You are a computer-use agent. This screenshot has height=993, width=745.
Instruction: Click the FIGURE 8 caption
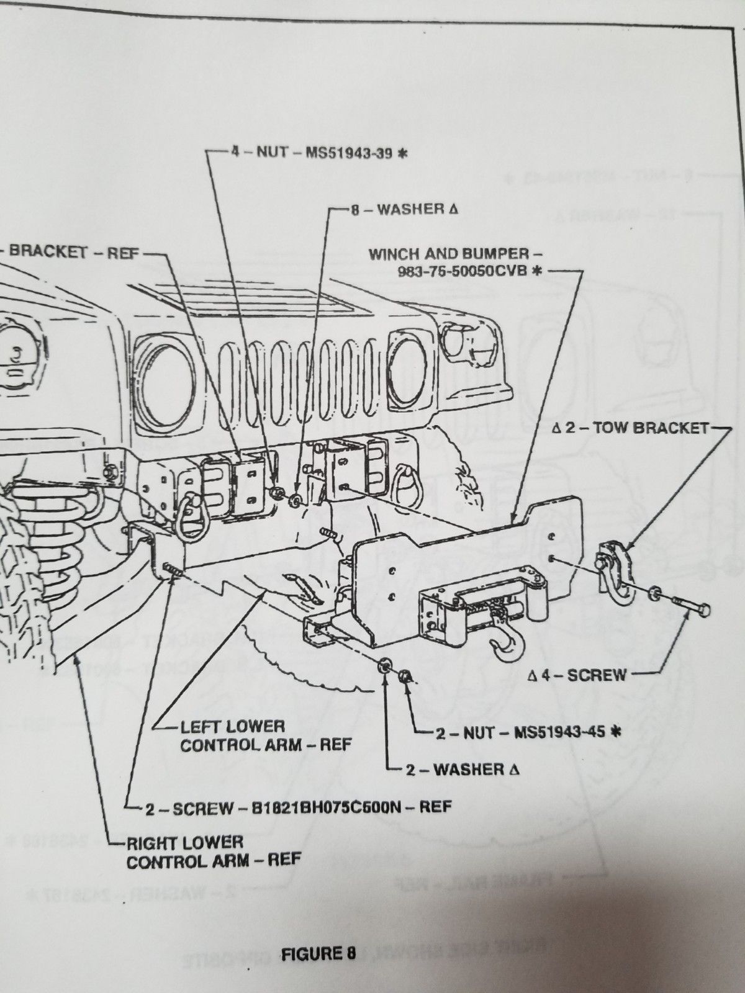318,953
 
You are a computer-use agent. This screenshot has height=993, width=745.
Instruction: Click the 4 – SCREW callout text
577,674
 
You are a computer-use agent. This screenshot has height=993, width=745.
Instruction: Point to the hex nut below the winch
403,675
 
